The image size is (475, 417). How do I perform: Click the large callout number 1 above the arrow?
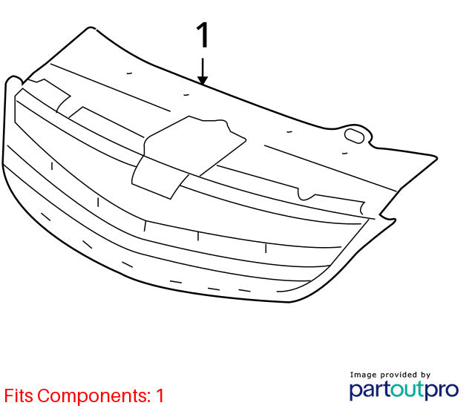tap(203, 35)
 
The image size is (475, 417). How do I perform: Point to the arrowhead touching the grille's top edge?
tap(203, 80)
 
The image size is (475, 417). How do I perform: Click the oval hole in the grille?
tap(354, 135)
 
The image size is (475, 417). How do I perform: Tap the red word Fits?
tap(19, 395)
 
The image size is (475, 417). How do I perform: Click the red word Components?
tap(94, 396)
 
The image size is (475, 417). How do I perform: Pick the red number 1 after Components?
tap(160, 395)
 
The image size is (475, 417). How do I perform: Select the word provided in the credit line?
tap(399, 375)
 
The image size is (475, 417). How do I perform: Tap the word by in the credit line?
tap(425, 375)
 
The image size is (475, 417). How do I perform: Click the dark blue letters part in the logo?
tap(370, 390)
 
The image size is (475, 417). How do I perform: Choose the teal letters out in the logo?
tap(407, 390)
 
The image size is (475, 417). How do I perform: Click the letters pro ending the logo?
tap(442, 390)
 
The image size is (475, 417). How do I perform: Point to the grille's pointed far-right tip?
tap(436, 157)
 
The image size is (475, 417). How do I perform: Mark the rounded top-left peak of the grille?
tap(91, 28)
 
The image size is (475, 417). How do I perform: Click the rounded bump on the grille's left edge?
tap(13, 79)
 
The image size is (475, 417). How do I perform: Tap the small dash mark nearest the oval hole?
tap(344, 154)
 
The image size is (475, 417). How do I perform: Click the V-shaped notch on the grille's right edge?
tap(382, 214)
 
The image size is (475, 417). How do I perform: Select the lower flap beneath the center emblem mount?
tap(158, 178)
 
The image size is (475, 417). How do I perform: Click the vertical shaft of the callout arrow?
tap(203, 68)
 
